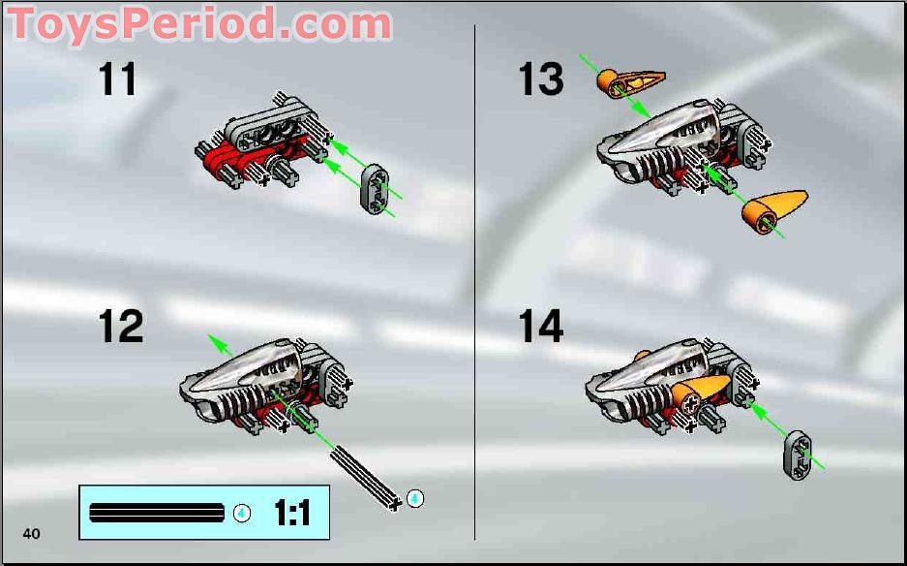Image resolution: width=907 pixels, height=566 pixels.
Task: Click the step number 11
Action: coord(117,79)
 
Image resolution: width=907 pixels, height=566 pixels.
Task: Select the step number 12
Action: coord(121,327)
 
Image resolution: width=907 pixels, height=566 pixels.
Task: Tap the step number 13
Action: coord(540,79)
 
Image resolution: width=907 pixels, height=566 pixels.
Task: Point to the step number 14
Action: coord(540,327)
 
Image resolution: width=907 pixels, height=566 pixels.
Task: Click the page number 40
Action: coord(32,533)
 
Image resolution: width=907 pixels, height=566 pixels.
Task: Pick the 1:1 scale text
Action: coord(291,513)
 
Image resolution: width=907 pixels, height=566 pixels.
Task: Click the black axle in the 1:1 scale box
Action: coord(157,513)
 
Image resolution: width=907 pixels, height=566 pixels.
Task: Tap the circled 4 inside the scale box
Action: coord(242,513)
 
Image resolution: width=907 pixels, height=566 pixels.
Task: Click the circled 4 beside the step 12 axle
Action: coord(415,498)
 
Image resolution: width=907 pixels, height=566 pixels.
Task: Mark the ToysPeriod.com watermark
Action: coord(198,23)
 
